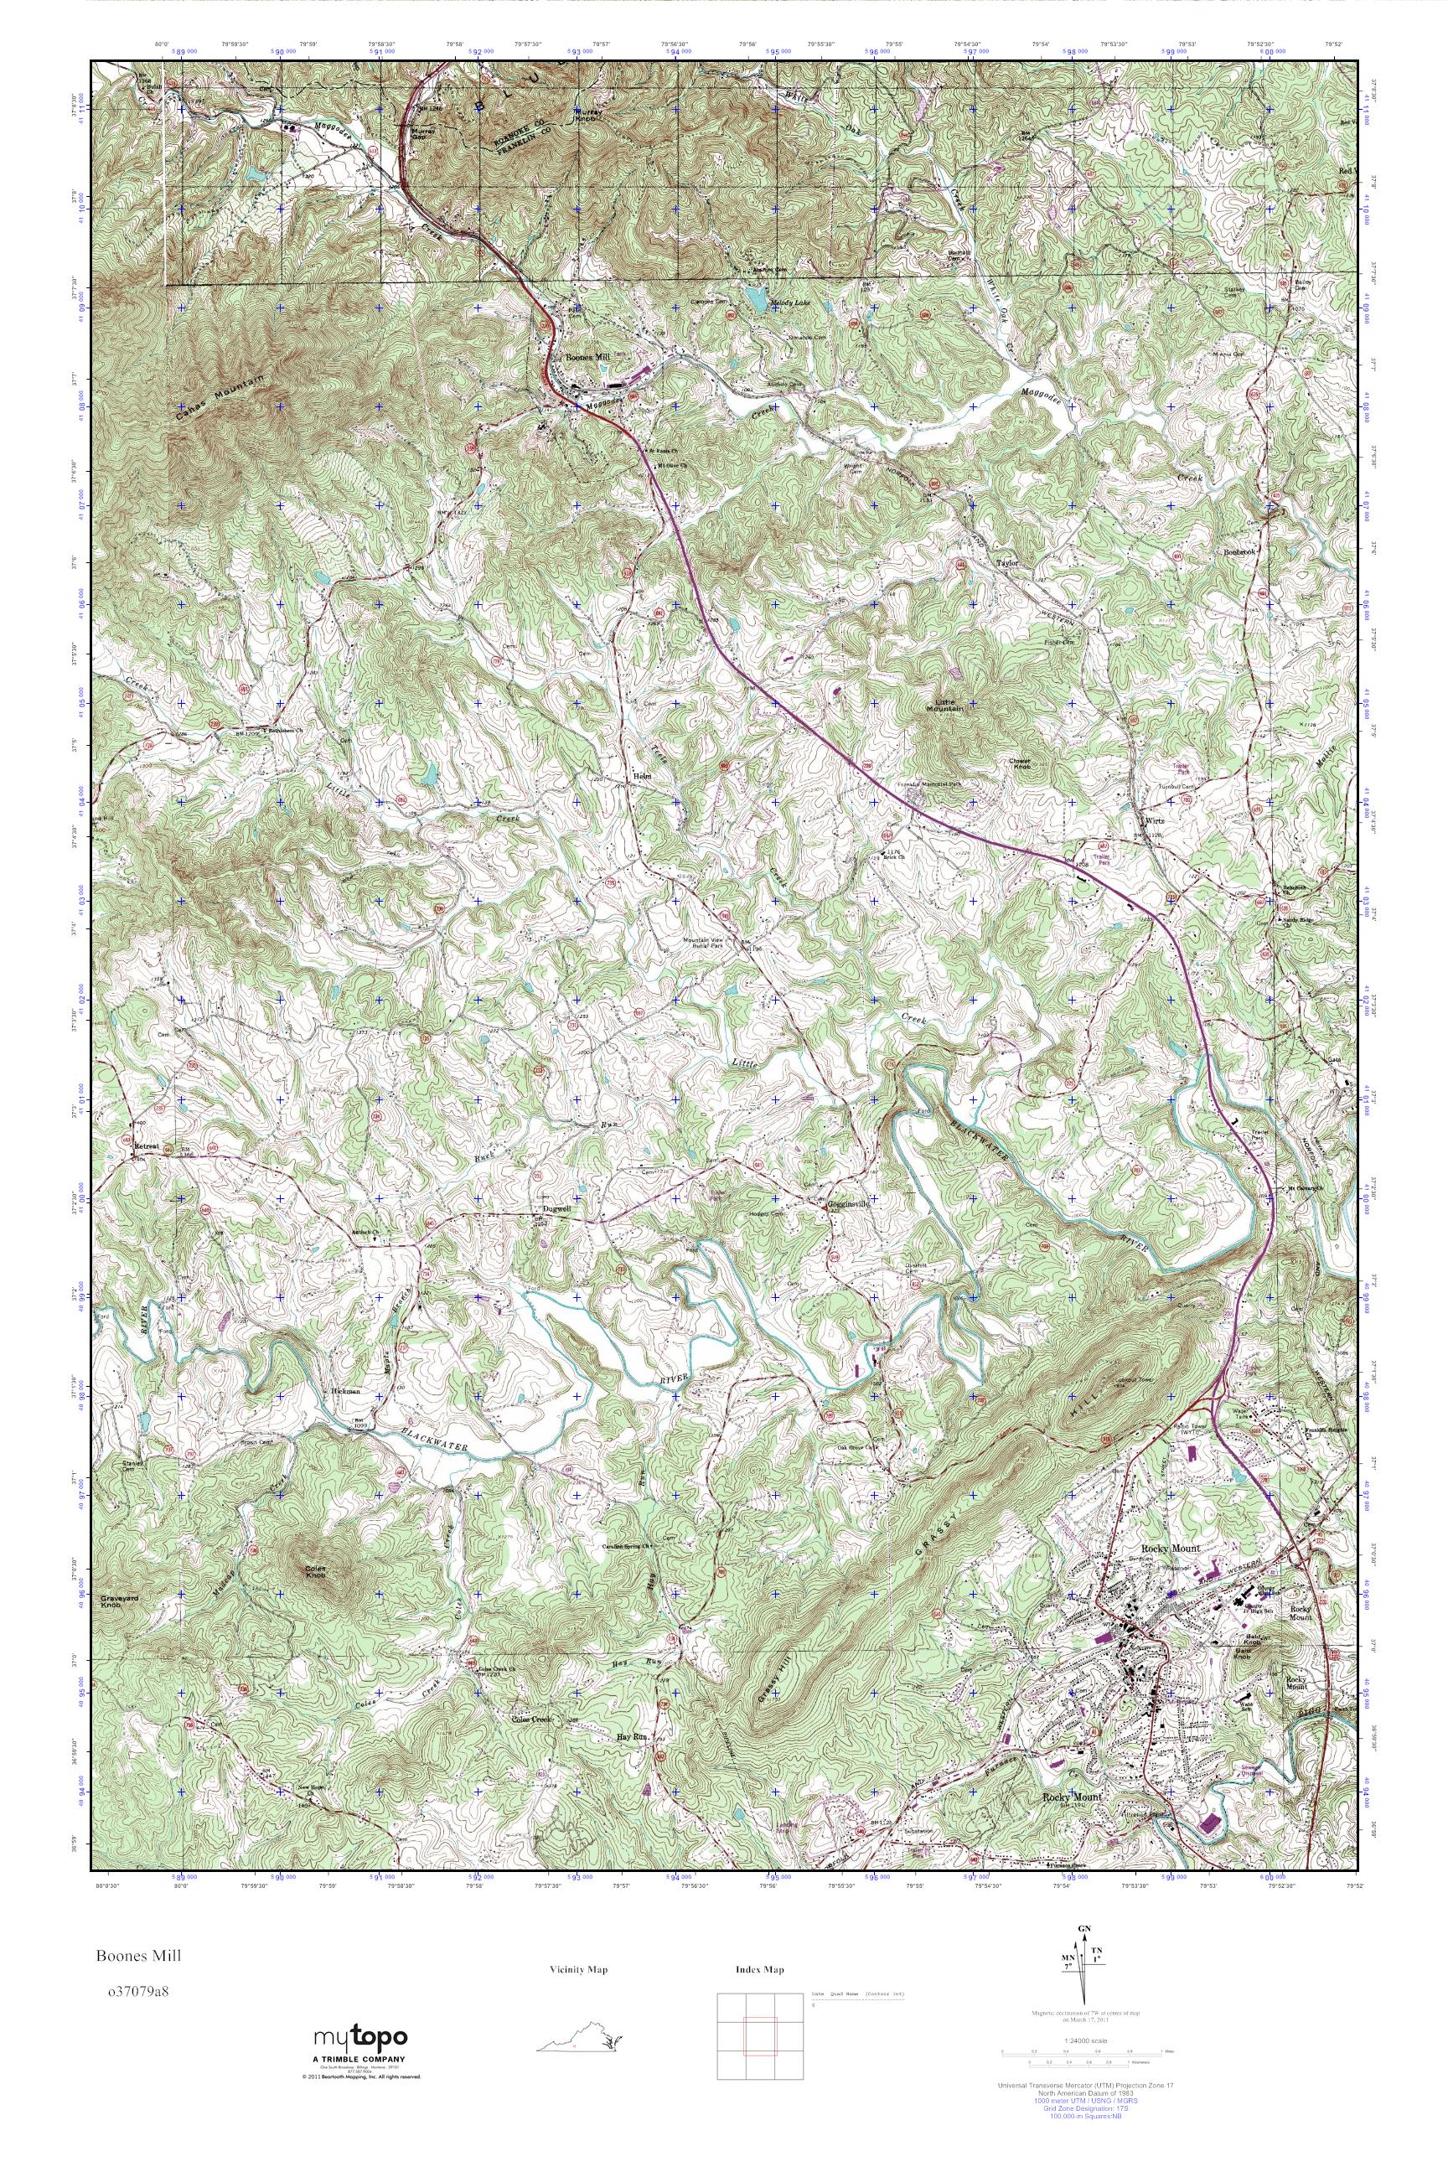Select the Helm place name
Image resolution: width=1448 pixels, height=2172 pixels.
pyautogui.click(x=643, y=776)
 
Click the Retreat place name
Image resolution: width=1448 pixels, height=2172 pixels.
pyautogui.click(x=146, y=1146)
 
